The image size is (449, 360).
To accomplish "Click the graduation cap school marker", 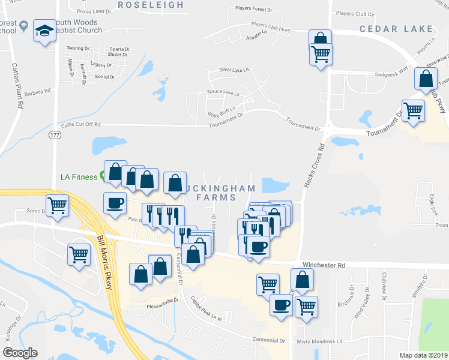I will (x=44, y=30).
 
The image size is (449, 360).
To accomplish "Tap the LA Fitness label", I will (x=79, y=177).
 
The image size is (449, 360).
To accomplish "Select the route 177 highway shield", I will (x=55, y=136).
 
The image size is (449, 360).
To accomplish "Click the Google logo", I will (x=20, y=353).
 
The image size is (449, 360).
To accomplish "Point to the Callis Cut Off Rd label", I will (x=80, y=125).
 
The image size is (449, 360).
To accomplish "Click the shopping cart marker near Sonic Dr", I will (x=58, y=205).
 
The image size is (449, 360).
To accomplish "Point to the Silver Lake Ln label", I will (x=234, y=70).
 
